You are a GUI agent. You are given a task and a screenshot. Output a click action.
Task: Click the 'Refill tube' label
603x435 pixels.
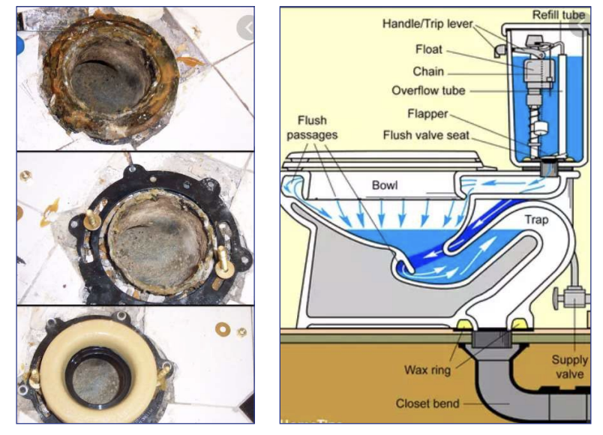559,14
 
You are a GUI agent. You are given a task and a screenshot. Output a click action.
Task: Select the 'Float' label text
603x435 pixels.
428,50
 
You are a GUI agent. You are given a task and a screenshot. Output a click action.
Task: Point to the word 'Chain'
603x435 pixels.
428,71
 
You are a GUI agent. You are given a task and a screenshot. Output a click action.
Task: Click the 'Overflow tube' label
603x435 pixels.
428,91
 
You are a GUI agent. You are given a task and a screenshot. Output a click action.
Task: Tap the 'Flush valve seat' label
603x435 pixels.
427,136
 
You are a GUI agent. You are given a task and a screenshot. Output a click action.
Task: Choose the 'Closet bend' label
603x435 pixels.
428,403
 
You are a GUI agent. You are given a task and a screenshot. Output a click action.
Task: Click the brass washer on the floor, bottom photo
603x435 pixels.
223,328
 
